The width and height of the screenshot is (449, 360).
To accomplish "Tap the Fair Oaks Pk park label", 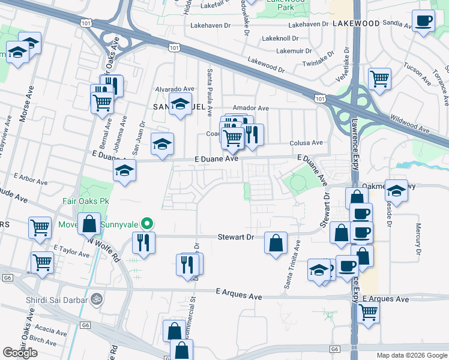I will pos(82,202).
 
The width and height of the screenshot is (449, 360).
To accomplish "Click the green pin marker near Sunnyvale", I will pos(145,224).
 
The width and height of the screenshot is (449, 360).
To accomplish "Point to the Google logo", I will pos(20,353).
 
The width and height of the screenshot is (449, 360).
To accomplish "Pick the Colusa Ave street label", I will pos(306,143).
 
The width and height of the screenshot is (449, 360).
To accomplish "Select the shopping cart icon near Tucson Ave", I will pos(379,78).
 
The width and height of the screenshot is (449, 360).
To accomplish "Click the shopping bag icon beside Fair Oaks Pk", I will pos(89,224).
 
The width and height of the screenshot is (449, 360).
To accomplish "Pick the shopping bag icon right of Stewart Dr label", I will pos(276,243).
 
